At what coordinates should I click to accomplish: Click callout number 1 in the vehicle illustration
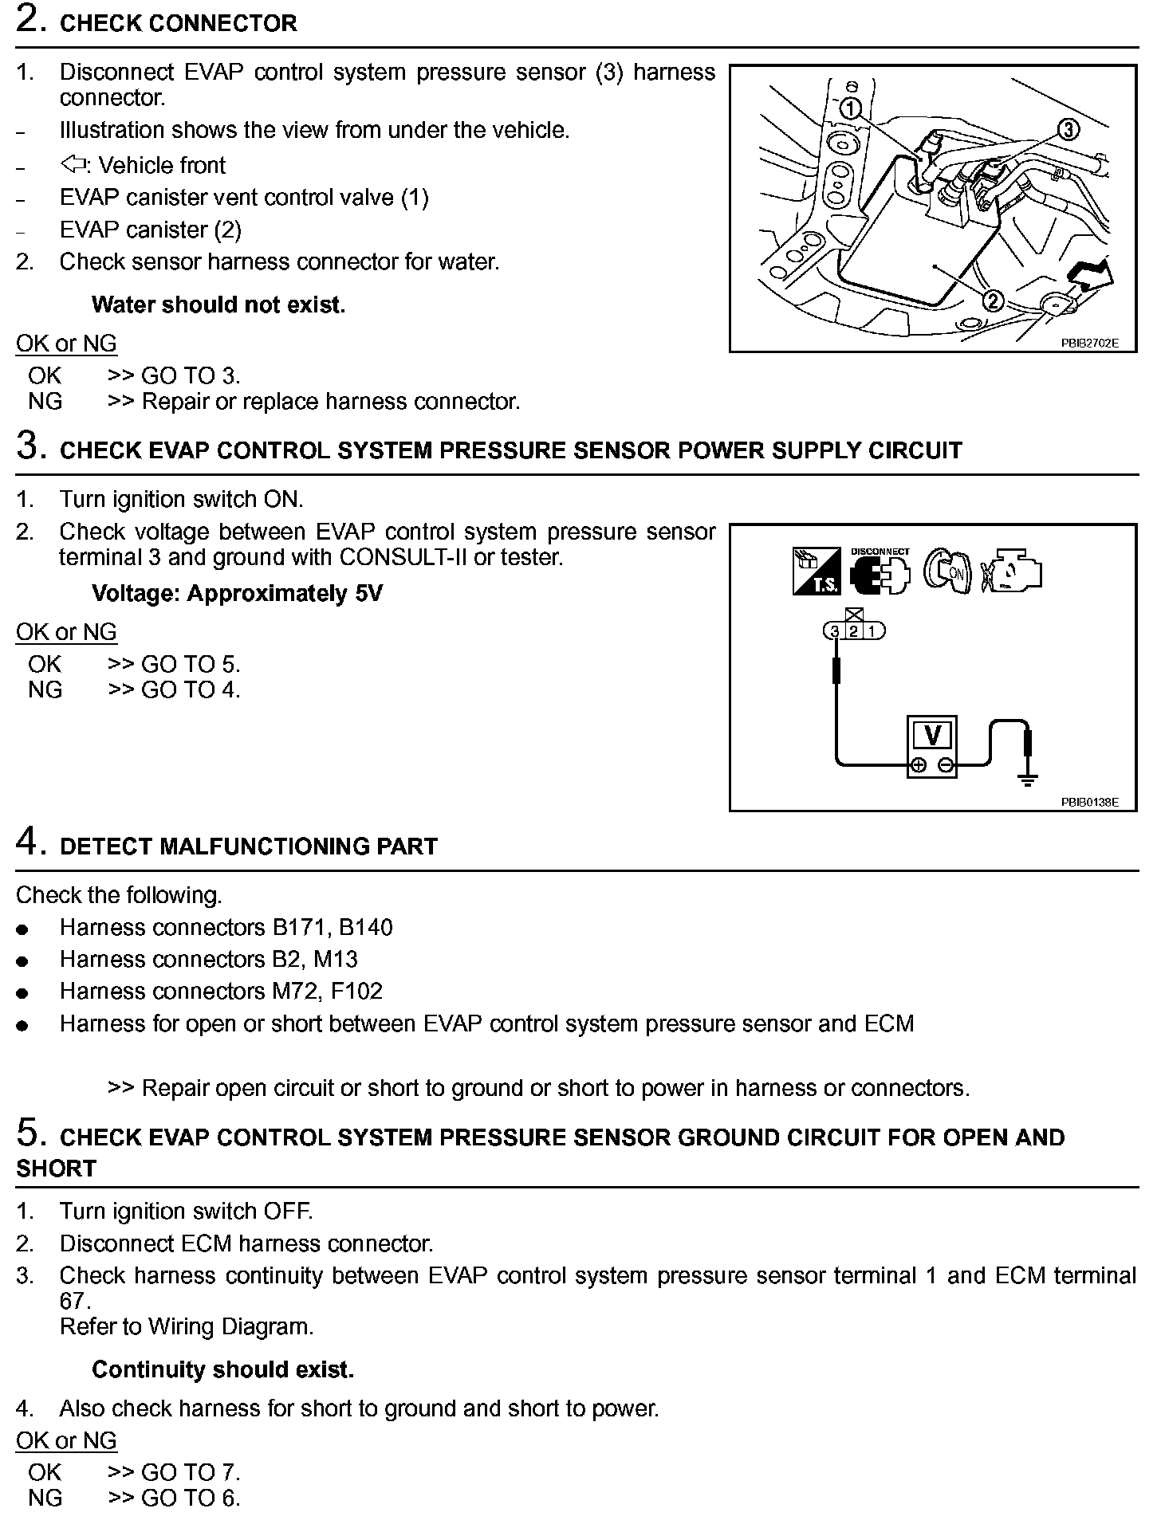coord(851,108)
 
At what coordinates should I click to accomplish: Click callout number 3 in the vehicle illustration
coord(1068,128)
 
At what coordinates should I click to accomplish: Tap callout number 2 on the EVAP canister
coord(993,300)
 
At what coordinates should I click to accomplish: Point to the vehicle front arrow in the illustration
coord(1092,274)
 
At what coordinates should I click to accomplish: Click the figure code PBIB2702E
coord(1089,343)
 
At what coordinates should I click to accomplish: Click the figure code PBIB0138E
coord(1089,802)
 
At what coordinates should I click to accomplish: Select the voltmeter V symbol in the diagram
coord(932,733)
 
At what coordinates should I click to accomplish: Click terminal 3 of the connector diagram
coord(834,631)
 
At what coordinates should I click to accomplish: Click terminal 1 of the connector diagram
coord(872,631)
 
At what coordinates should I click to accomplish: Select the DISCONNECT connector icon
coord(880,571)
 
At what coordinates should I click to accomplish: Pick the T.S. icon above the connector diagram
coord(816,571)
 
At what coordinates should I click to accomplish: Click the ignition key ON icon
coord(947,571)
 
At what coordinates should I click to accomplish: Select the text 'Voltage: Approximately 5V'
coord(237,594)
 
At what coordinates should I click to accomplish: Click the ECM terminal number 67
coord(71,1301)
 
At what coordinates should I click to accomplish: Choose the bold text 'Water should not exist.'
coord(218,304)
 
